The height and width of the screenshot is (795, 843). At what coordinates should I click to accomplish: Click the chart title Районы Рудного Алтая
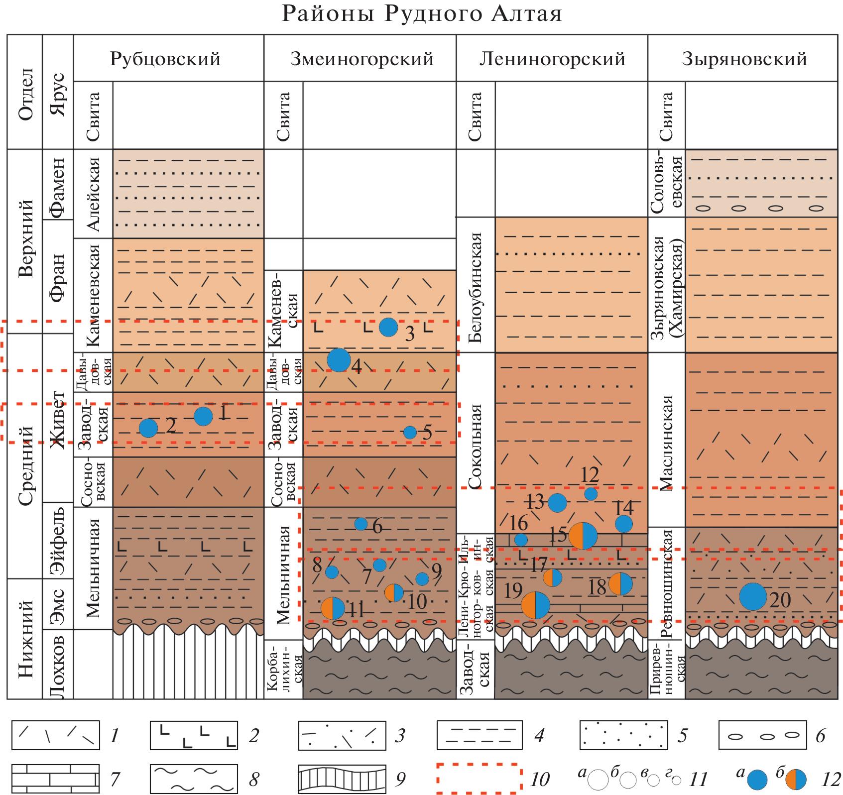pyautogui.click(x=422, y=14)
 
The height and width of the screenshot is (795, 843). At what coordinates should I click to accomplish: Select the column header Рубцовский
pyautogui.click(x=165, y=59)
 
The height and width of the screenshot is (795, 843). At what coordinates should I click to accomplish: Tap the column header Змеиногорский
pyautogui.click(x=361, y=59)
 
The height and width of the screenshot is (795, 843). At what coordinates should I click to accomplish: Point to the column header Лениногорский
pyautogui.click(x=552, y=59)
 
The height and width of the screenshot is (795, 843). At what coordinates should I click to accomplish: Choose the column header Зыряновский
pyautogui.click(x=744, y=59)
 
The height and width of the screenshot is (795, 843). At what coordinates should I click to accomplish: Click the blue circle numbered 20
pyautogui.click(x=752, y=596)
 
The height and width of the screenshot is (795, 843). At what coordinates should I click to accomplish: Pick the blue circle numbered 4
pyautogui.click(x=339, y=360)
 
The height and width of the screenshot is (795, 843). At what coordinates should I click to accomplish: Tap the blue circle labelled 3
pyautogui.click(x=388, y=327)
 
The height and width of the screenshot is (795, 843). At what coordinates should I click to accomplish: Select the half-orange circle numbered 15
pyautogui.click(x=583, y=536)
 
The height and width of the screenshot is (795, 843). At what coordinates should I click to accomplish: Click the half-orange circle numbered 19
pyautogui.click(x=535, y=605)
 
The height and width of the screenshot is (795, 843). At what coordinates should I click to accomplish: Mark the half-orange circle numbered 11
pyautogui.click(x=333, y=608)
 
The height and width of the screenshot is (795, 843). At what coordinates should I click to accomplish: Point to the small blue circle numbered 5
pyautogui.click(x=410, y=432)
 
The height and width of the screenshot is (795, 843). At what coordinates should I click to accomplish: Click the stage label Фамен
pyautogui.click(x=58, y=188)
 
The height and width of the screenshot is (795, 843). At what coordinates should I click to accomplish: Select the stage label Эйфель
pyautogui.click(x=58, y=541)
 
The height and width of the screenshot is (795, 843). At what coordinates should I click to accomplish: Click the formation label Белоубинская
pyautogui.click(x=476, y=287)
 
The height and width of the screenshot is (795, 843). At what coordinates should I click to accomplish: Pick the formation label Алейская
pyautogui.click(x=93, y=194)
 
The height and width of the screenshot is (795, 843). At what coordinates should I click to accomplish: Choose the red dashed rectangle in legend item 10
pyautogui.click(x=479, y=778)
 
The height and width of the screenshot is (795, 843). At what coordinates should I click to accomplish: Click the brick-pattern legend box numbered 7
pyautogui.click(x=55, y=779)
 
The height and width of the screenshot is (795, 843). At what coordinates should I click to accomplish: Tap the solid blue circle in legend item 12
pyautogui.click(x=757, y=780)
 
